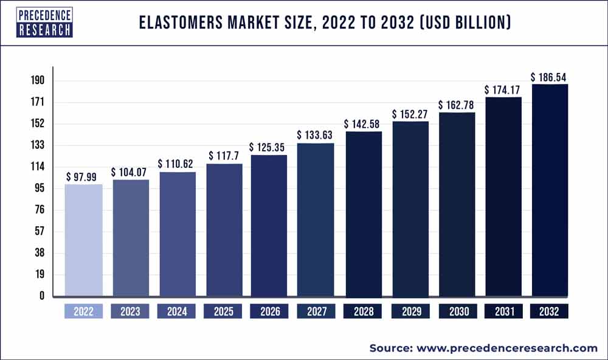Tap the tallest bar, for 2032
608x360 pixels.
(550, 190)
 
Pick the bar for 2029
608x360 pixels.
(410, 209)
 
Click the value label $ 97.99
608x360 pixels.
(83, 176)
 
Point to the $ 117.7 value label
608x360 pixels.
(224, 156)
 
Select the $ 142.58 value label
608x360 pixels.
(363, 124)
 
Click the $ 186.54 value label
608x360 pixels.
(550, 77)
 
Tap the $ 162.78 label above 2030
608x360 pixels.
(457, 105)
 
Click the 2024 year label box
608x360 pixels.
(177, 311)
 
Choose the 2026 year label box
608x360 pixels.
(270, 311)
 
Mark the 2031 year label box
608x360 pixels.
(503, 311)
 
